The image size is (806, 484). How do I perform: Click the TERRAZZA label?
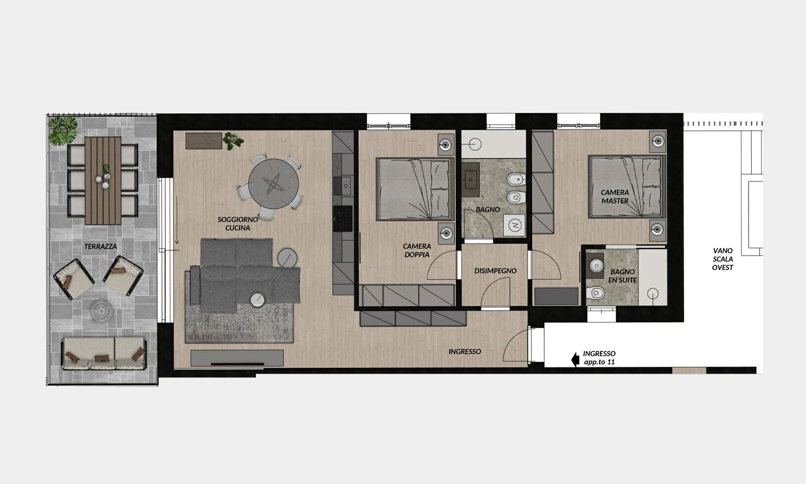point(100,247)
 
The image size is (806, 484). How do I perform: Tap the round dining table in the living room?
point(274,184)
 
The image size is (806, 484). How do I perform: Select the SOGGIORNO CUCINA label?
point(237,224)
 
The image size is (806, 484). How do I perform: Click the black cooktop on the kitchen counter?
point(343,219)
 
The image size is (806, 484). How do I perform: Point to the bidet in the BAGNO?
point(516,179)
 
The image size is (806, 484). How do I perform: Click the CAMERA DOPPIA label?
point(417,250)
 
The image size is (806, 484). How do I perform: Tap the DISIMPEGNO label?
point(495,271)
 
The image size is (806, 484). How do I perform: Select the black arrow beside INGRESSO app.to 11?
point(575,359)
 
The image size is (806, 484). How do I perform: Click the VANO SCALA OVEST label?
point(722,259)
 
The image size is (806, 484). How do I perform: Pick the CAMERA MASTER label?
point(615,197)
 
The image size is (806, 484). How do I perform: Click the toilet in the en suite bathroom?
point(595,293)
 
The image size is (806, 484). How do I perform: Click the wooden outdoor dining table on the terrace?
point(103,180)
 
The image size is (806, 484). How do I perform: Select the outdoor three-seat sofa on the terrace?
point(104,353)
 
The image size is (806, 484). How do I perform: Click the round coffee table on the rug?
point(257,299)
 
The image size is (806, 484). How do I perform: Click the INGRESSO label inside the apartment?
point(464,351)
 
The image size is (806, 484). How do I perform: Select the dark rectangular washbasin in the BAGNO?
point(471,179)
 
